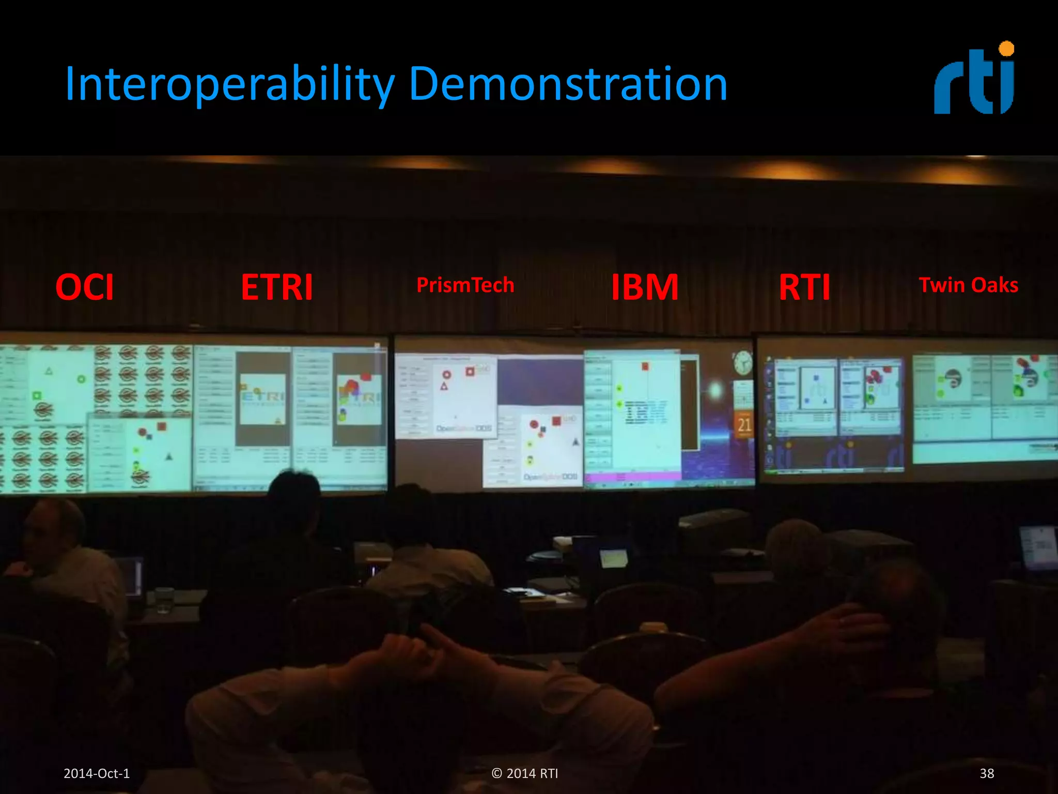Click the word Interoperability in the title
tap(230, 84)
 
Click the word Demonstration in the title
tap(568, 84)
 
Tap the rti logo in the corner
tap(974, 80)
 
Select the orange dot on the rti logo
tap(1006, 49)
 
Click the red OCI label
tap(84, 287)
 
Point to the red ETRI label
tap(277, 287)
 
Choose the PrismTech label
tap(465, 285)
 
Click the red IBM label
tap(644, 287)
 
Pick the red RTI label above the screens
tap(804, 287)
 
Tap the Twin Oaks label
tap(968, 285)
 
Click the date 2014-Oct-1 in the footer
tap(97, 773)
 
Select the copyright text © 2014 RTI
tap(525, 773)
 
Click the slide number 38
tap(987, 773)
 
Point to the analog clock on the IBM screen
tap(742, 362)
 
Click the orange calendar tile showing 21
tap(744, 424)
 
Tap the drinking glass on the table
tap(164, 600)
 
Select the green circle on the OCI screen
tap(81, 379)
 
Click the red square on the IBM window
tap(645, 367)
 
